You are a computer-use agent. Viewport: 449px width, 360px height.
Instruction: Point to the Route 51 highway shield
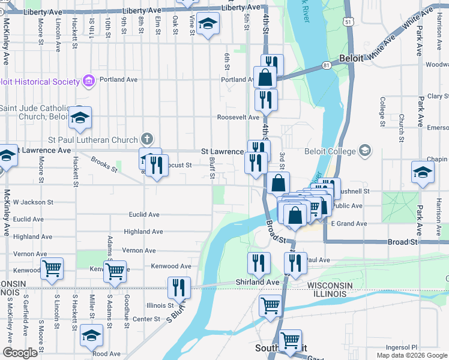(x=348, y=20)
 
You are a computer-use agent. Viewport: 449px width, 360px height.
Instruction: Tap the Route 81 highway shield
(x=326, y=64)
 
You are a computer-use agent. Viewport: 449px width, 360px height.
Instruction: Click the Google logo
(x=20, y=353)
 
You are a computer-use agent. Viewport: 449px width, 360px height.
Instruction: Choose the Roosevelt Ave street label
(x=238, y=118)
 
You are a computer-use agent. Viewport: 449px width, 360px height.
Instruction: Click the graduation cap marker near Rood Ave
(x=91, y=336)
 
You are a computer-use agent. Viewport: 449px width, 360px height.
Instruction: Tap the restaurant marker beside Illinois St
(x=179, y=287)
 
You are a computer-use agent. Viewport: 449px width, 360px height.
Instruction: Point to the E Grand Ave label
(x=349, y=224)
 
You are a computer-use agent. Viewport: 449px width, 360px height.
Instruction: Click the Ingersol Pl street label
(x=402, y=347)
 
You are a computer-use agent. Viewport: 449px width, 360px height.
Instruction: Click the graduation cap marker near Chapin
(x=423, y=172)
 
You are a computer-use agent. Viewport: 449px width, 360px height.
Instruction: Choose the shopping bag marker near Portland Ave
(x=265, y=77)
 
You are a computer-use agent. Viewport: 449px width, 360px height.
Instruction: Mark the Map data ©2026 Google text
(x=412, y=355)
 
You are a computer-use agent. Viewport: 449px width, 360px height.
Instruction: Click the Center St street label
(x=146, y=319)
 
